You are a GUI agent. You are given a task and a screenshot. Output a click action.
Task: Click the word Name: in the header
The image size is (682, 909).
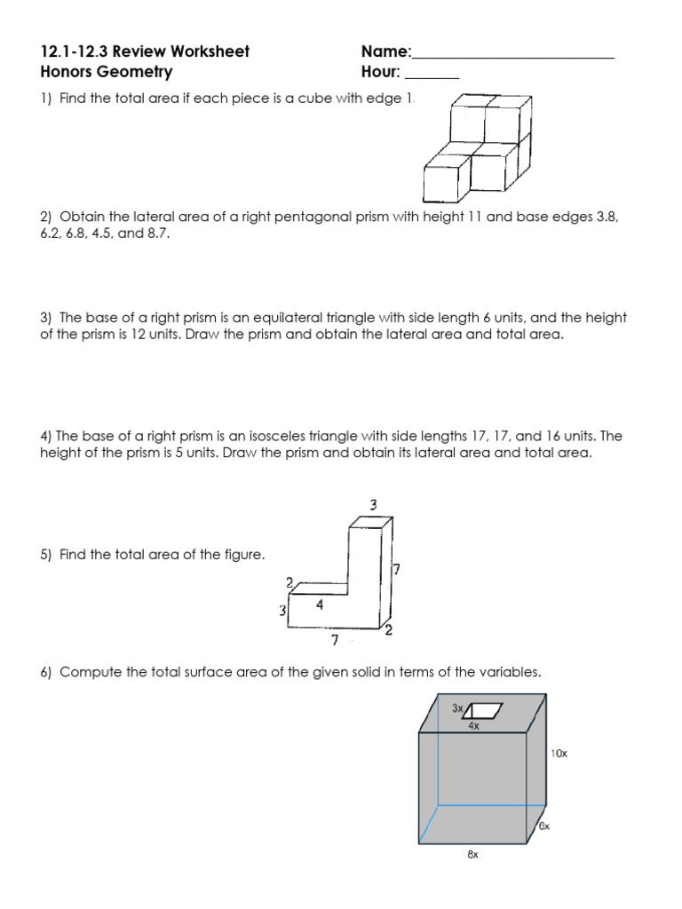click(x=386, y=51)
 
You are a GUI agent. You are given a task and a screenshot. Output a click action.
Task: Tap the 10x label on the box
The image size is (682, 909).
click(x=559, y=754)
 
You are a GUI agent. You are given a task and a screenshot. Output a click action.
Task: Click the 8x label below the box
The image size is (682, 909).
click(x=473, y=855)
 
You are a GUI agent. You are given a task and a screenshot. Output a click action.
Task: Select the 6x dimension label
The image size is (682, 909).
click(x=543, y=826)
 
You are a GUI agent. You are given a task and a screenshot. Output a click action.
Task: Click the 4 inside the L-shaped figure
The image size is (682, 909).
click(x=319, y=605)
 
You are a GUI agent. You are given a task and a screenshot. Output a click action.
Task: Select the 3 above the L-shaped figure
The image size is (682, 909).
click(x=374, y=505)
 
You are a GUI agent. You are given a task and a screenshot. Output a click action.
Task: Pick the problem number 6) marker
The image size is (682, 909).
click(x=47, y=673)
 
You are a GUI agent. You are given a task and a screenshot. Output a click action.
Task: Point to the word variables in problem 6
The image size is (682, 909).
click(x=513, y=673)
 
